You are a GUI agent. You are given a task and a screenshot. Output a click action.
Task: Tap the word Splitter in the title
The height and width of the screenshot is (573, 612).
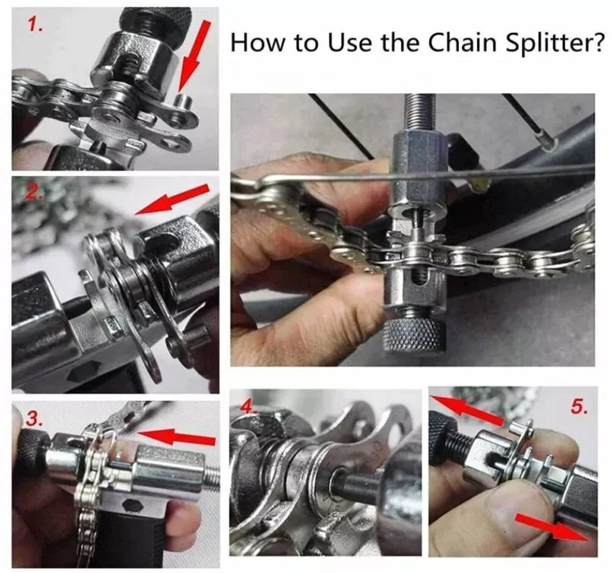click(555, 43)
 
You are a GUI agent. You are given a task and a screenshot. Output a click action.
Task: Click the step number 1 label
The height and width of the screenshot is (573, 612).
click(35, 26)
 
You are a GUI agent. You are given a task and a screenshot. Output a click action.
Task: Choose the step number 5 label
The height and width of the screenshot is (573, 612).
click(579, 406)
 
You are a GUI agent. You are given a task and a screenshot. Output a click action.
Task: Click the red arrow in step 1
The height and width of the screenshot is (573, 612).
click(194, 56)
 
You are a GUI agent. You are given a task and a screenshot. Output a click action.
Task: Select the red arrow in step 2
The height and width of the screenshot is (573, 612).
click(172, 200)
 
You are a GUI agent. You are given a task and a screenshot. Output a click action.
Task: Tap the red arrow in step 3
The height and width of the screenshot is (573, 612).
click(176, 436)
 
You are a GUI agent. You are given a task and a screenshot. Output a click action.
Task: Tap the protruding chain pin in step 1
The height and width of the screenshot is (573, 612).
click(184, 102)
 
